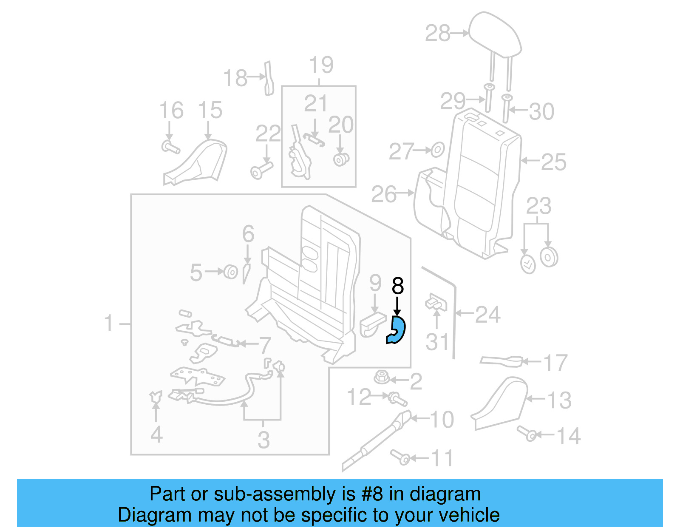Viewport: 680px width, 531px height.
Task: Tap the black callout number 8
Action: click(398, 286)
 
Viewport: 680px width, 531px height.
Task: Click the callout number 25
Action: click(554, 162)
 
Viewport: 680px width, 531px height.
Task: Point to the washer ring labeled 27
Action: click(437, 150)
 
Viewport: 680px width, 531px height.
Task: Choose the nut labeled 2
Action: click(381, 377)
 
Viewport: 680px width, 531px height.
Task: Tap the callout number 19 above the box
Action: click(321, 65)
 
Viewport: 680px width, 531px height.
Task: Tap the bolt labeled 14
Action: click(527, 433)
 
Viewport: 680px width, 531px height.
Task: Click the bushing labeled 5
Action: click(230, 271)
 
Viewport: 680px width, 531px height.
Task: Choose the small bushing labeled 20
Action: click(341, 160)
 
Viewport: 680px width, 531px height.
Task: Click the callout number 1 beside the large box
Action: click(109, 323)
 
